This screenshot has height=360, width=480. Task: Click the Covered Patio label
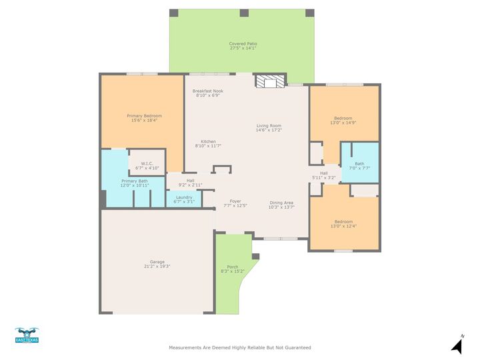(243, 43)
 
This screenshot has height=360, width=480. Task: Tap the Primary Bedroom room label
(144, 115)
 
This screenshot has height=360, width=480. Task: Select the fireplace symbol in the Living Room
(269, 81)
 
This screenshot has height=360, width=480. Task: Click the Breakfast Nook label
(208, 91)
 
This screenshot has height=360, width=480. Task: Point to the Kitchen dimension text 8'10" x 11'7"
(208, 145)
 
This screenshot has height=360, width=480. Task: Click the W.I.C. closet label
(147, 164)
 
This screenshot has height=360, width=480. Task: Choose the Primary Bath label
(134, 181)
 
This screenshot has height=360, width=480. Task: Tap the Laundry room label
(183, 197)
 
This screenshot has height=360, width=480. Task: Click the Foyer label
(235, 201)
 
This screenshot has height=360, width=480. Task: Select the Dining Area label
(281, 203)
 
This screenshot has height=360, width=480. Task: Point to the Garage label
(157, 262)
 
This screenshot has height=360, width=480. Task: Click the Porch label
(232, 267)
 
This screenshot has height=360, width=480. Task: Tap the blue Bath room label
(359, 163)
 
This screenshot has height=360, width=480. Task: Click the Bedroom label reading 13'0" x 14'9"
(343, 118)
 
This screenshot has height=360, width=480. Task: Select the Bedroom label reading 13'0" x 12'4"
(343, 221)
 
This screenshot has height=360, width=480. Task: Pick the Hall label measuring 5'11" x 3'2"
(324, 173)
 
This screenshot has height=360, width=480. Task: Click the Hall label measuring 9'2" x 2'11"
(190, 180)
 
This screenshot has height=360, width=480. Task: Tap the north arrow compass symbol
(457, 345)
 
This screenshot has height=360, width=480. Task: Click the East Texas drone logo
(27, 335)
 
